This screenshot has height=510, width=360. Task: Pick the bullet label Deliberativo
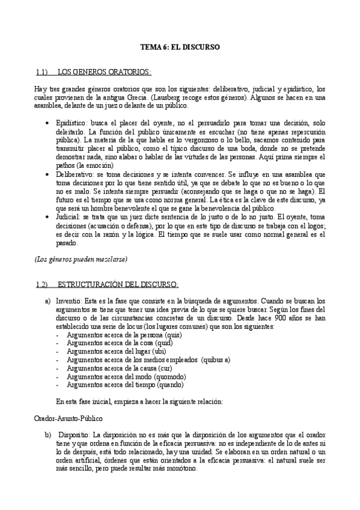[x=73, y=173]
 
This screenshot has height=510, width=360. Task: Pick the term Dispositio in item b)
[x=74, y=434]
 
